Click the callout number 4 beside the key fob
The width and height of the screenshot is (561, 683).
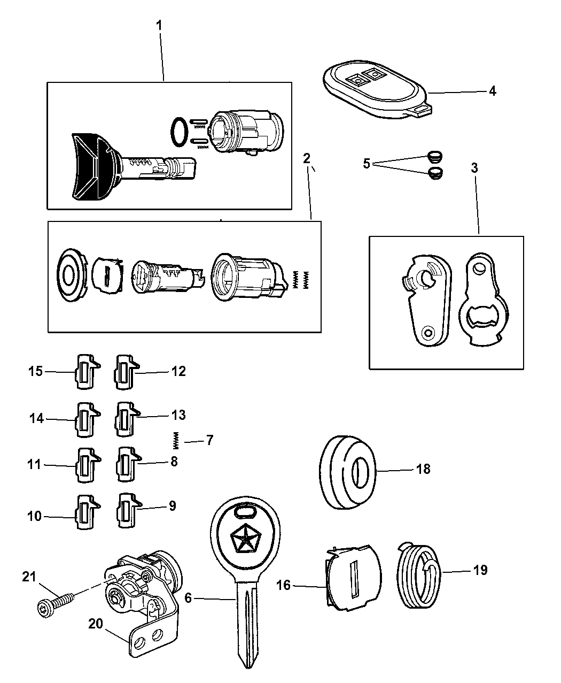pos(492,91)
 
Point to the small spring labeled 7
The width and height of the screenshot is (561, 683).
pos(175,440)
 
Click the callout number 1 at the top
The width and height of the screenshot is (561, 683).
pos(159,25)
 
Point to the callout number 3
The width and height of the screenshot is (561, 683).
pos(474,167)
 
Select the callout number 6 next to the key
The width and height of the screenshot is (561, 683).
pos(188,598)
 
